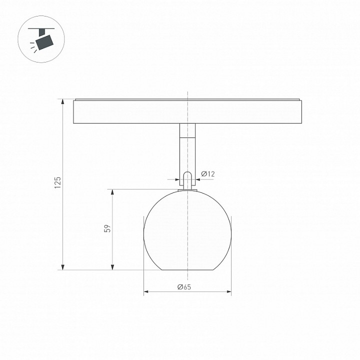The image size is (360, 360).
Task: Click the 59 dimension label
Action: (x=106, y=228)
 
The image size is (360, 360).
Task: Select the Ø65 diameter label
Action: (x=184, y=287)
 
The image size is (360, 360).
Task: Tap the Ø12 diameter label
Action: (x=207, y=173)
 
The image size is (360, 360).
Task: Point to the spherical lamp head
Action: (x=187, y=230)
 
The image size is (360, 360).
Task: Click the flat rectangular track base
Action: (x=187, y=112)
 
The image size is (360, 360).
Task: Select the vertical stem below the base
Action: (x=187, y=155)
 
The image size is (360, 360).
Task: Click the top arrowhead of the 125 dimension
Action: (x=63, y=101)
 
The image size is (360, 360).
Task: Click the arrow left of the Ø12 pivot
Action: (x=179, y=179)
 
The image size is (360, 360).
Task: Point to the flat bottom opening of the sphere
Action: (x=187, y=270)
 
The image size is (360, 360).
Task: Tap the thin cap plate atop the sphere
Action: (x=187, y=190)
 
